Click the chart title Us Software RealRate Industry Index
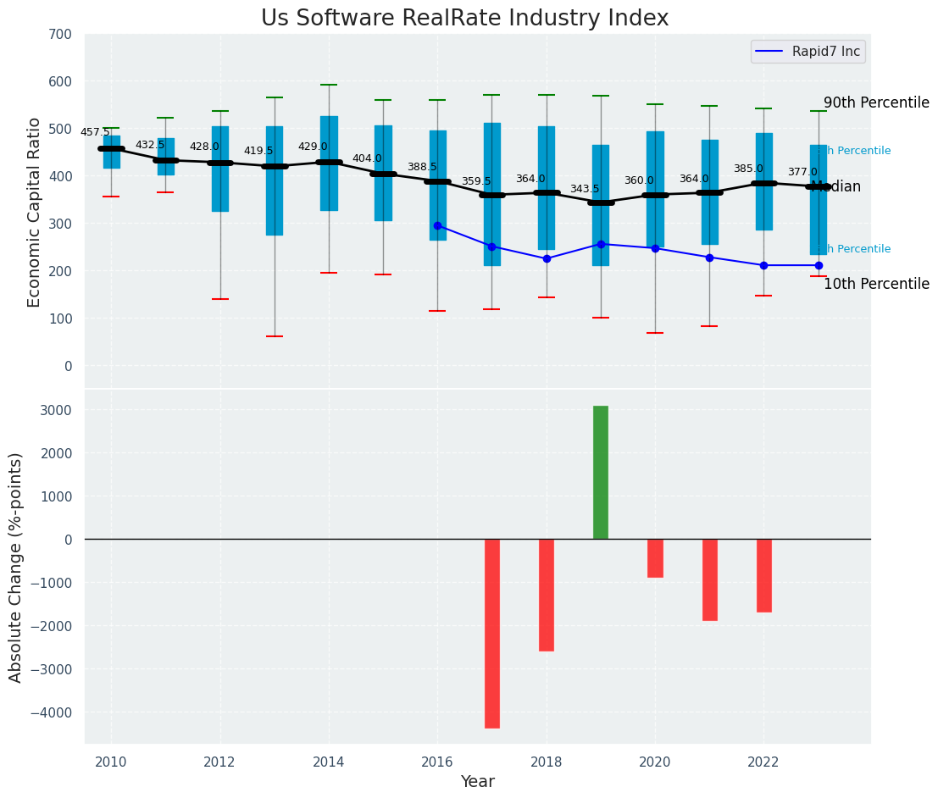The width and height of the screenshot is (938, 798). (464, 19)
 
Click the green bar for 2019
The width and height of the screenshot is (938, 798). (601, 472)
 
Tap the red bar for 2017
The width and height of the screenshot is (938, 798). (492, 633)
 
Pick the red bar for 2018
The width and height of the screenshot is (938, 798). (547, 595)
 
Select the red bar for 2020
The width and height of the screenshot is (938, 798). (655, 558)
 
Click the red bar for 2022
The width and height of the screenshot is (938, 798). (764, 575)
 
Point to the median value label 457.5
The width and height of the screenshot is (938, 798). (96, 132)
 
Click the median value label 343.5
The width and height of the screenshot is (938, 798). (585, 189)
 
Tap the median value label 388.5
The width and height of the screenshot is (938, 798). (422, 167)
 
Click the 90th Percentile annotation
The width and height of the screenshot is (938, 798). (876, 103)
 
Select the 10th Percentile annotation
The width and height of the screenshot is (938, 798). (876, 284)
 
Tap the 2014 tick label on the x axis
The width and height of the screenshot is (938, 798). (329, 762)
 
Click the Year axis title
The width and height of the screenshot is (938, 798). (478, 782)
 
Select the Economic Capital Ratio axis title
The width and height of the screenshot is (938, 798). (35, 212)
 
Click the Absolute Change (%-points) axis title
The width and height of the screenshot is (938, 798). (16, 567)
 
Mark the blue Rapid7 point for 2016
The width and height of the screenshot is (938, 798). (437, 225)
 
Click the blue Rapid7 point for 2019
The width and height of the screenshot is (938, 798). (601, 244)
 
